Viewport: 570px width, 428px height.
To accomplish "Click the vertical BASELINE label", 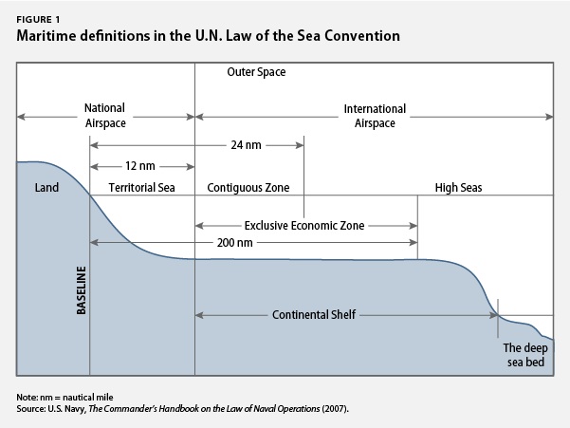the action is click(x=82, y=290).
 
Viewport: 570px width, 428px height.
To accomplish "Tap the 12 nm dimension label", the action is click(x=140, y=166).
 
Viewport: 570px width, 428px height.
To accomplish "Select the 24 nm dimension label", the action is click(x=246, y=145).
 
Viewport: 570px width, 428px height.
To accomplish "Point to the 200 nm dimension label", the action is click(x=235, y=243).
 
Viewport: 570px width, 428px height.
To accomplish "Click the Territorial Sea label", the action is click(x=141, y=188).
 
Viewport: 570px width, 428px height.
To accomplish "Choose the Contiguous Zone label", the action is click(x=248, y=188).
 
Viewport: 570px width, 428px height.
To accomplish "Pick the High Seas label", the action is click(x=458, y=188).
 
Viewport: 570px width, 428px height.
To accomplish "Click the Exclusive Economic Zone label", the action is click(x=304, y=226).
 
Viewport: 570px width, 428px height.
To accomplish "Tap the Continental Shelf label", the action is click(x=314, y=314).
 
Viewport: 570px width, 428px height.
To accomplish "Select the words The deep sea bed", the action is click(x=525, y=355).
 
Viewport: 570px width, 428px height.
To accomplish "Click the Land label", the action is click(x=46, y=188).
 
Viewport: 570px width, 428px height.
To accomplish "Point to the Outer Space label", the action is click(x=256, y=72).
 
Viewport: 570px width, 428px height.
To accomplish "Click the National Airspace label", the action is click(x=105, y=115).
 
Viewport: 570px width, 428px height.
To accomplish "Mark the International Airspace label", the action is click(x=375, y=116).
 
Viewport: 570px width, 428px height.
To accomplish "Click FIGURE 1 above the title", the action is click(x=38, y=20).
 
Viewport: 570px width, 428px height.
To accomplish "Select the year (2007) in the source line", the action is click(x=335, y=409).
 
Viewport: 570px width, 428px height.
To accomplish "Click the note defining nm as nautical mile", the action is click(x=64, y=397).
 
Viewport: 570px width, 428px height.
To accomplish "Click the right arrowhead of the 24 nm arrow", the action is click(x=300, y=145).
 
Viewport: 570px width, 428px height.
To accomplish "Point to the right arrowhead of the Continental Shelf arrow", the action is click(x=494, y=315).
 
